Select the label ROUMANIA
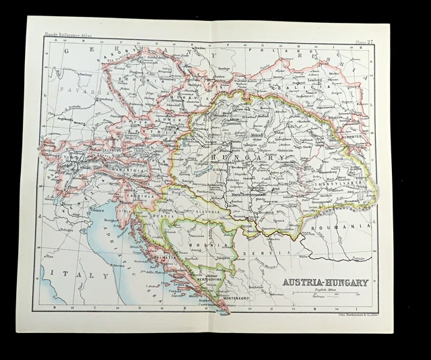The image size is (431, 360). pyautogui.click(x=347, y=227)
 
